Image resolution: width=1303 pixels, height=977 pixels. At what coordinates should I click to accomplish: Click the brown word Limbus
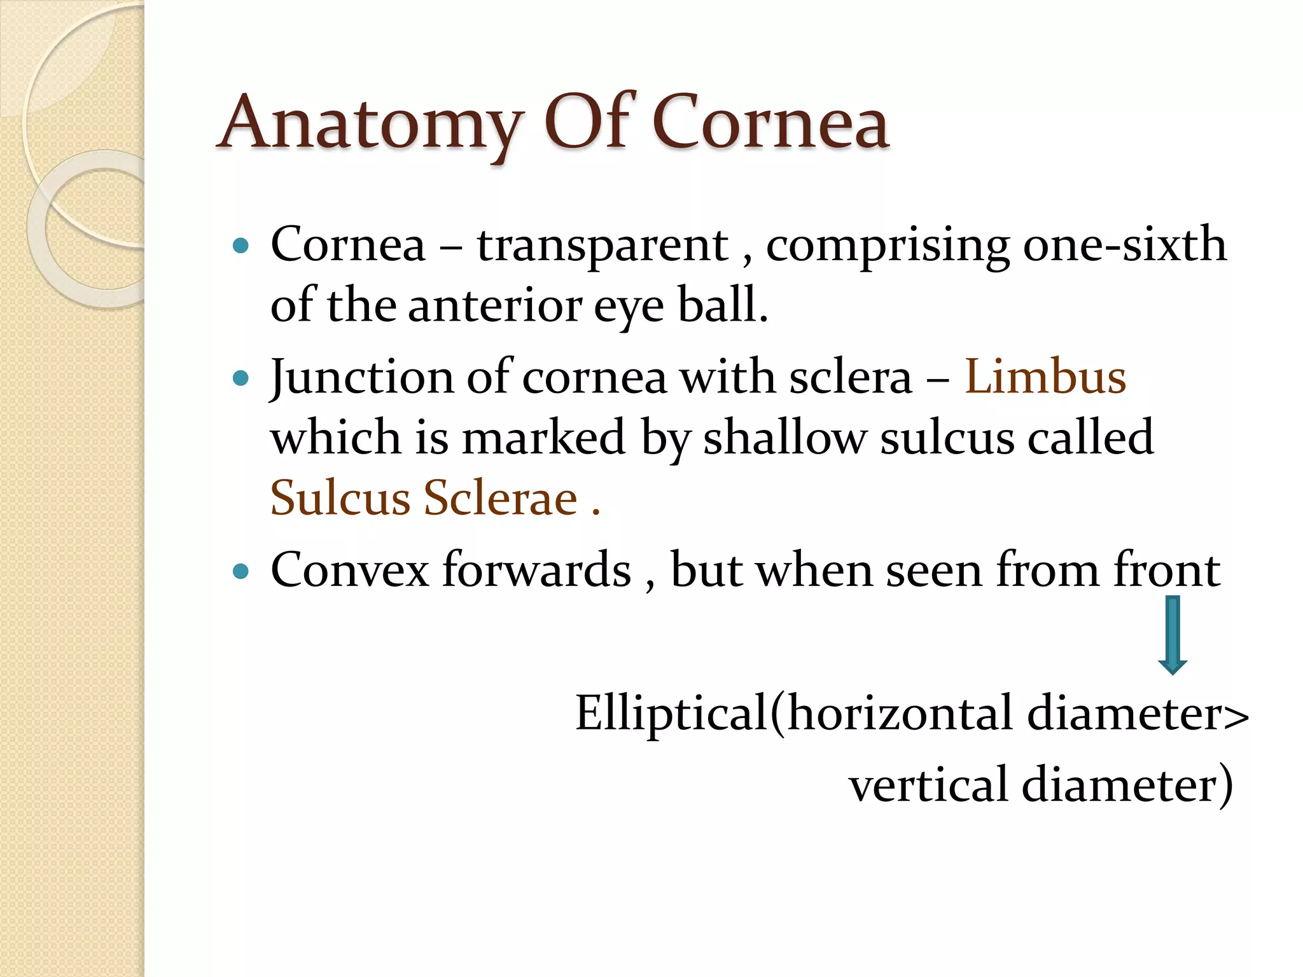pyautogui.click(x=1045, y=377)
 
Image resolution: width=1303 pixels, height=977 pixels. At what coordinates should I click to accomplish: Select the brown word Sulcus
pyautogui.click(x=340, y=497)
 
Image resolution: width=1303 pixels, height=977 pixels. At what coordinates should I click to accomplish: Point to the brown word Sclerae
pyautogui.click(x=501, y=497)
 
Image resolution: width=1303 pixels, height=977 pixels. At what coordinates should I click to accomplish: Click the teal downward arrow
pyautogui.click(x=1172, y=635)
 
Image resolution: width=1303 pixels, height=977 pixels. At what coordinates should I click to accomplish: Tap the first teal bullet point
pyautogui.click(x=240, y=246)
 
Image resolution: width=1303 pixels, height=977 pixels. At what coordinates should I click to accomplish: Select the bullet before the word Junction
pyautogui.click(x=240, y=379)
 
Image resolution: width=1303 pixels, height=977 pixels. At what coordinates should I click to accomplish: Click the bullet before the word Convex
pyautogui.click(x=240, y=571)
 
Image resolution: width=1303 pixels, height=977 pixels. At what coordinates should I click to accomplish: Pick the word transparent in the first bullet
pyautogui.click(x=603, y=246)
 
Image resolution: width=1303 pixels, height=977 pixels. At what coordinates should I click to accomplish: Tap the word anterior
pyautogui.click(x=494, y=305)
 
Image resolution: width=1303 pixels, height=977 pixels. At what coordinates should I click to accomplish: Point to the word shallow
pyautogui.click(x=784, y=438)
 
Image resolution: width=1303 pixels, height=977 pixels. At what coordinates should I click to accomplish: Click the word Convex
pyautogui.click(x=349, y=570)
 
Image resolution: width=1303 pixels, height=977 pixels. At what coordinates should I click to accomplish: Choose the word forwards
pyautogui.click(x=536, y=570)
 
